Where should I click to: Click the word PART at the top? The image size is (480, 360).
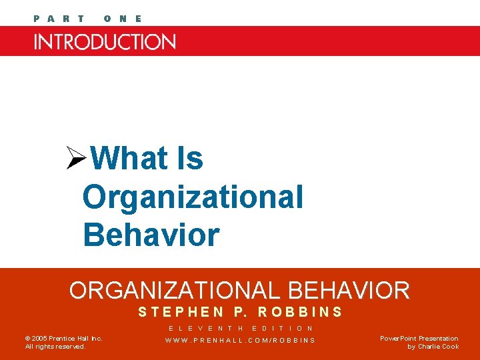(x=59, y=19)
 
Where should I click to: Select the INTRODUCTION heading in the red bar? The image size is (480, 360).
(x=105, y=42)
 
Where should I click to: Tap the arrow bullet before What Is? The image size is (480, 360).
(x=77, y=159)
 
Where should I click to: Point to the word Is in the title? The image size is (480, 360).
(x=190, y=159)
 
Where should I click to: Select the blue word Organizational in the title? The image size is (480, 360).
(x=193, y=197)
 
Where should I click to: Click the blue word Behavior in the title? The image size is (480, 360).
(x=151, y=235)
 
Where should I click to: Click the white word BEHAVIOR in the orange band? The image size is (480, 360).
(x=349, y=291)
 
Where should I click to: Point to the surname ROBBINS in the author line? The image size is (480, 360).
(x=300, y=312)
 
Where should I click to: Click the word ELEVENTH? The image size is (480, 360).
(x=206, y=328)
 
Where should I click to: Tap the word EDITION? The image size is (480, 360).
(x=283, y=328)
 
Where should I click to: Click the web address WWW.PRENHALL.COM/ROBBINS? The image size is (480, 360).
(x=241, y=341)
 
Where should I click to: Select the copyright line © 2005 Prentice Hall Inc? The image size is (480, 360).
(x=64, y=339)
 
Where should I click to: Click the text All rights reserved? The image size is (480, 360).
(x=55, y=347)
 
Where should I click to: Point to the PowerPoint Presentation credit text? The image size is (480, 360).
(x=419, y=339)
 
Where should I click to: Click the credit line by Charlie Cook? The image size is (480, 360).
(x=433, y=347)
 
